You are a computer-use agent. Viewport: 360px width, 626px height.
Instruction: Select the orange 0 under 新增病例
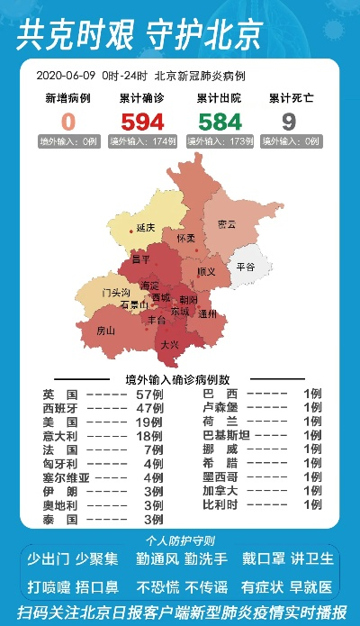pyautogui.click(x=68, y=122)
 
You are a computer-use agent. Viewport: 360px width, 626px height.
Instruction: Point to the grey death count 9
pyautogui.click(x=288, y=122)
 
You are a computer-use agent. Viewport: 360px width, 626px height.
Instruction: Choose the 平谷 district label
pyautogui.click(x=246, y=268)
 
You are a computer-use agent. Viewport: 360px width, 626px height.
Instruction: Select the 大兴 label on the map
pyautogui.click(x=169, y=345)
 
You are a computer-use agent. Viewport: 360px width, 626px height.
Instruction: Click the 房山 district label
pyautogui.click(x=106, y=331)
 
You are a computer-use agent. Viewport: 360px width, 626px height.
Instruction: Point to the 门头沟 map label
pyautogui.click(x=116, y=293)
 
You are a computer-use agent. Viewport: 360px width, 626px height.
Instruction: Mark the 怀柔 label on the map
pyautogui.click(x=185, y=239)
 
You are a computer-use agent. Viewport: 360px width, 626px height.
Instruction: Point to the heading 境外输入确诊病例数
pyautogui.click(x=178, y=379)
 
